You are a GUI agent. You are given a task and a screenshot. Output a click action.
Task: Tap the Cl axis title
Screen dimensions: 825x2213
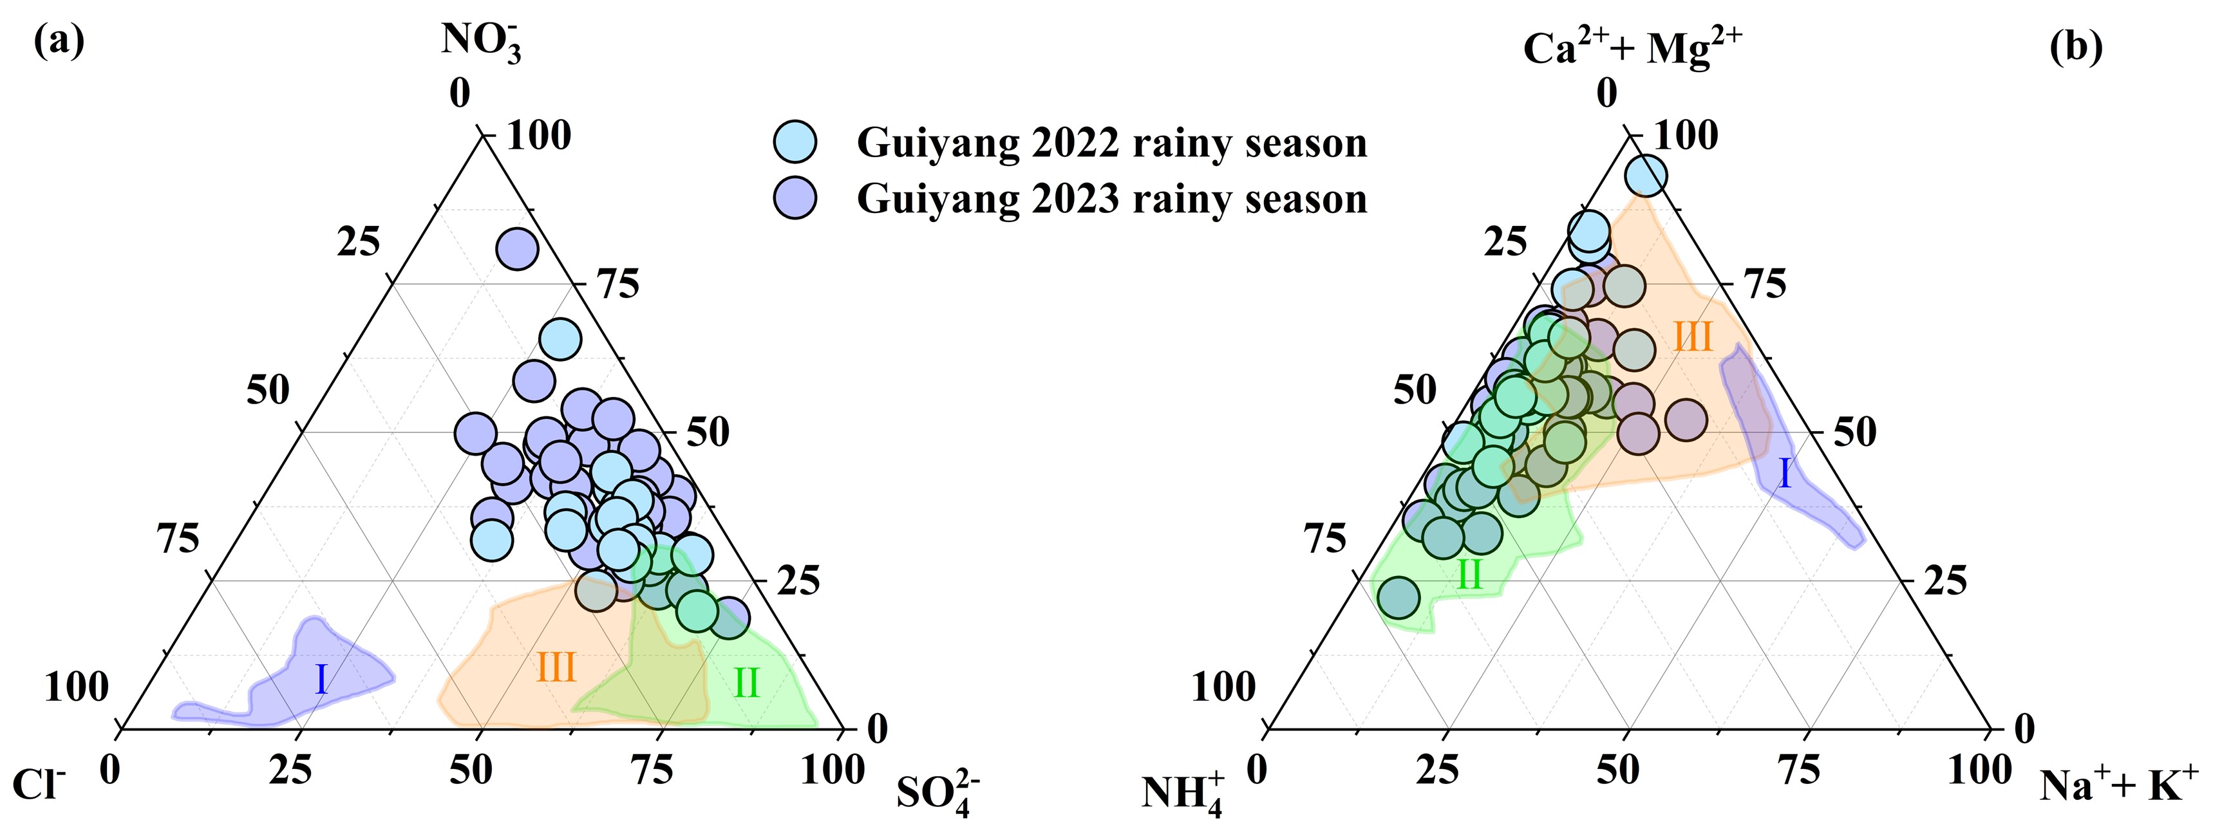(39, 784)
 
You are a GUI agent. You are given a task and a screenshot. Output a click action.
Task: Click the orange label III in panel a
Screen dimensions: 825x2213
(555, 667)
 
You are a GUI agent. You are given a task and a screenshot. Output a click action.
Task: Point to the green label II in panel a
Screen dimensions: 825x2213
(746, 684)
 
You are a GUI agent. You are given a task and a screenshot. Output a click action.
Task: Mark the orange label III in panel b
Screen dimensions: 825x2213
(1693, 337)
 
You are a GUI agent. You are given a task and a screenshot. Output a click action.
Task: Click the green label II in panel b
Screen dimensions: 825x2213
(1469, 575)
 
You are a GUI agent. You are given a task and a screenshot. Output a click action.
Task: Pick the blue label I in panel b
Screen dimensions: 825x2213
(1784, 474)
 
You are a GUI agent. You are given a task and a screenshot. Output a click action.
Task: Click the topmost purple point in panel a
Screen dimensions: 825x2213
(517, 249)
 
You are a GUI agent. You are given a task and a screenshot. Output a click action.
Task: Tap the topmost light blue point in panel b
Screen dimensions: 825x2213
(1646, 176)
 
